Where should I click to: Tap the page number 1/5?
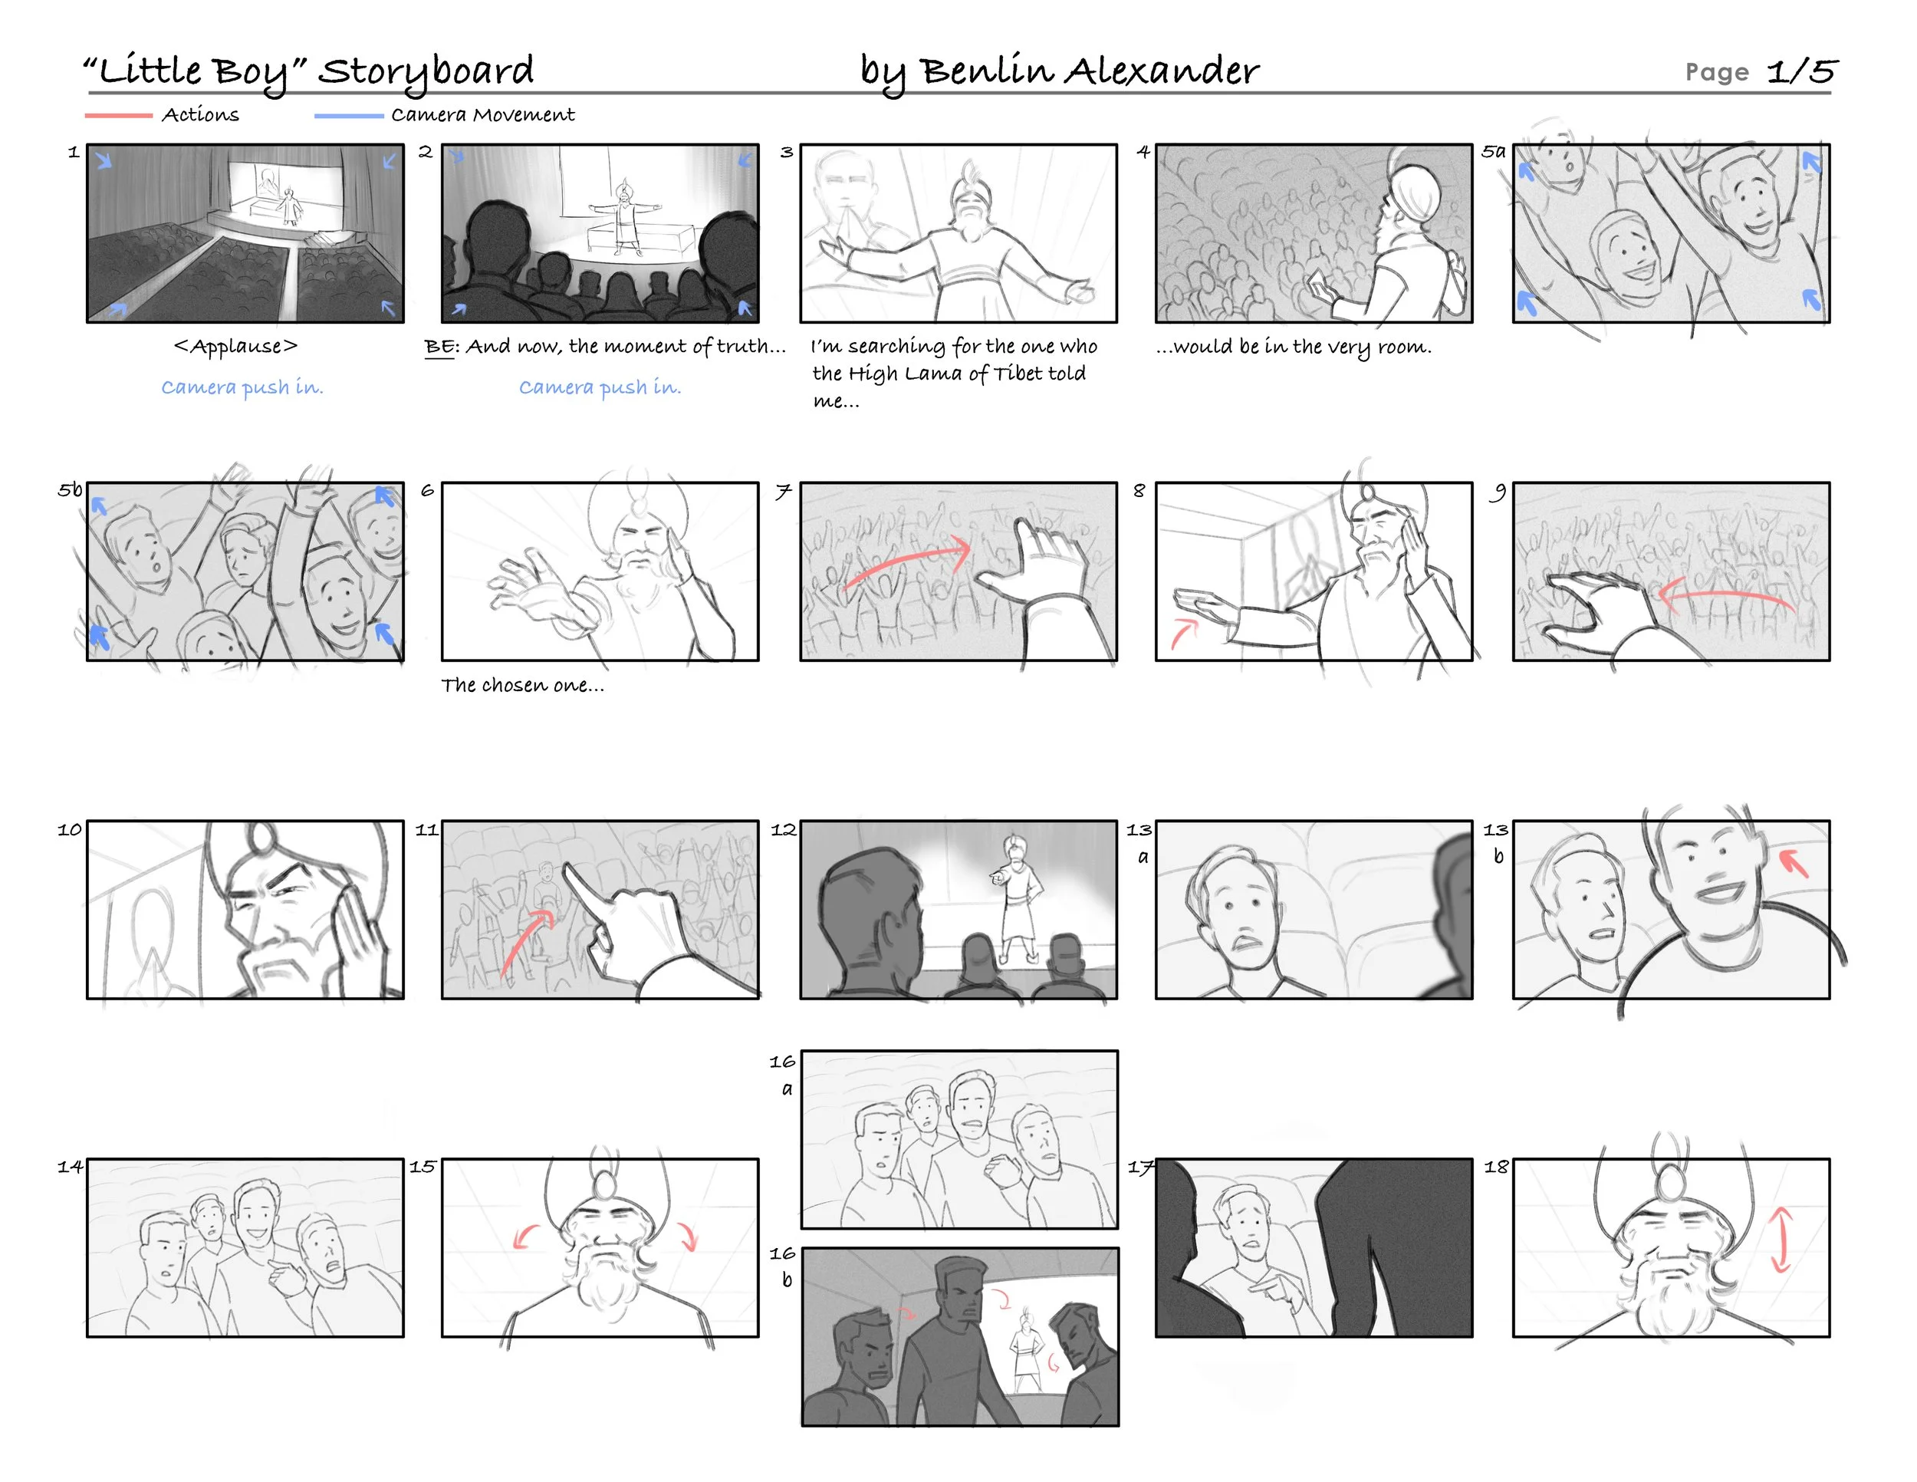point(1802,71)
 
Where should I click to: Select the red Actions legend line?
point(119,115)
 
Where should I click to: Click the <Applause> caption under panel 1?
point(236,347)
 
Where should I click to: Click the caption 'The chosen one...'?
point(523,685)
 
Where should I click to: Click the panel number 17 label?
point(1140,1167)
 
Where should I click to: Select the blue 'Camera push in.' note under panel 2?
point(600,387)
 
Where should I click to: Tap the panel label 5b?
point(71,489)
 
